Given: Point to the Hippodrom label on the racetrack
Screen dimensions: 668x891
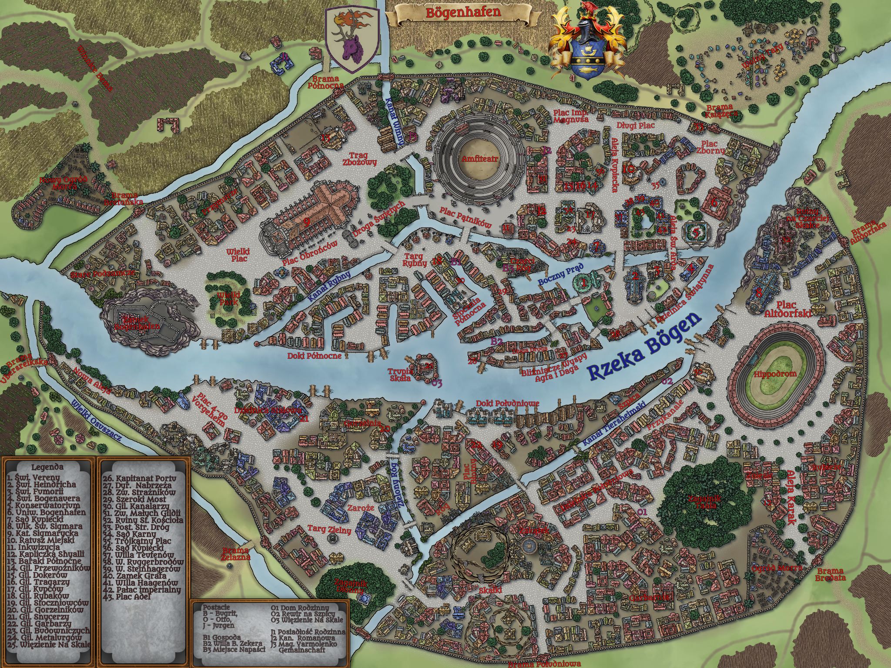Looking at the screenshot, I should [x=769, y=373].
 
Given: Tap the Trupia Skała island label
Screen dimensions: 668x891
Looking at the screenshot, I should [x=400, y=374].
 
